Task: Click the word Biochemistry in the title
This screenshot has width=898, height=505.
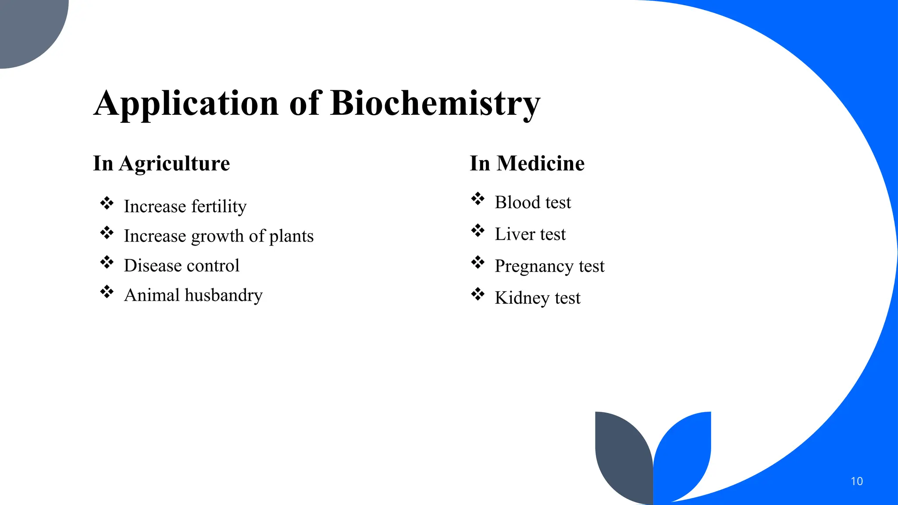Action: click(x=435, y=103)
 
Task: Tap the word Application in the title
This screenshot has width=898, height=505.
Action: click(x=186, y=103)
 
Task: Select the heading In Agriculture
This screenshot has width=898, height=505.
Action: click(x=161, y=164)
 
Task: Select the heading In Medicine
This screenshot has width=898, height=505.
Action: click(x=527, y=164)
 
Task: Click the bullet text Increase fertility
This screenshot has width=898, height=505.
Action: click(x=185, y=206)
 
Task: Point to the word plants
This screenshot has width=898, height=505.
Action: click(x=291, y=236)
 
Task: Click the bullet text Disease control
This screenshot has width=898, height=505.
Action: click(x=182, y=266)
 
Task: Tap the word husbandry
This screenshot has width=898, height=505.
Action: click(x=224, y=295)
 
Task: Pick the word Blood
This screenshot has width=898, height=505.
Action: click(x=517, y=203)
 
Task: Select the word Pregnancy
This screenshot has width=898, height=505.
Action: click(x=534, y=266)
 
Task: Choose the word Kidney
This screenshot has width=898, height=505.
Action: click(x=522, y=298)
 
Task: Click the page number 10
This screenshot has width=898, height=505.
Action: click(x=856, y=481)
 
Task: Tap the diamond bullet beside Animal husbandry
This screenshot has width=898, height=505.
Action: click(x=107, y=292)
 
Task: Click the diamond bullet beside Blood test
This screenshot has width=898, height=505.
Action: click(x=478, y=199)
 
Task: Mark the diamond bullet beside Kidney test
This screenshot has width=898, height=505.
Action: click(x=478, y=294)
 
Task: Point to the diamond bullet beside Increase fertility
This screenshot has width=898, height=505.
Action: click(x=107, y=203)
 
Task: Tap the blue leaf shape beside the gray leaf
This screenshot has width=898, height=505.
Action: click(x=684, y=456)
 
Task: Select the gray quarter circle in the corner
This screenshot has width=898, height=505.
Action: click(x=26, y=26)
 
